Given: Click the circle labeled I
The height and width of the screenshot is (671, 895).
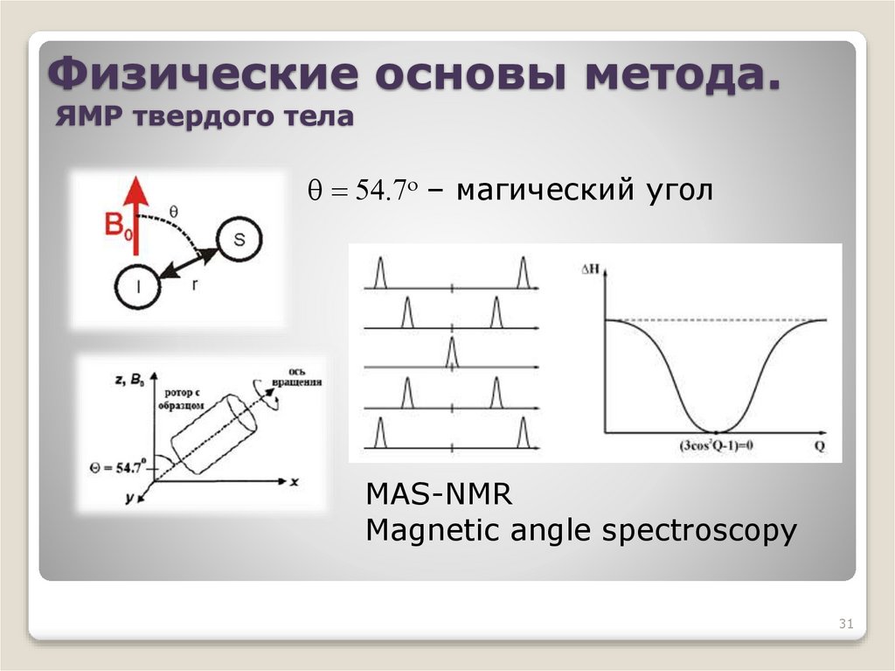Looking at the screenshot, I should point(138,287).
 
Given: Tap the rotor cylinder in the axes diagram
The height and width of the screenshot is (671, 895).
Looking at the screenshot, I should point(214,431).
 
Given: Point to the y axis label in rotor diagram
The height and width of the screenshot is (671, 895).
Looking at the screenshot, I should point(128,498).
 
